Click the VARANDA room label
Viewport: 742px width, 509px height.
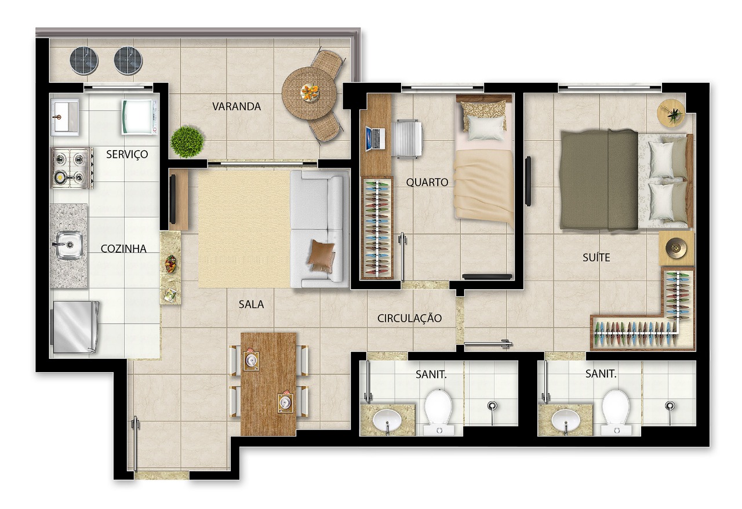236,106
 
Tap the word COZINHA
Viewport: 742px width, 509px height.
123,249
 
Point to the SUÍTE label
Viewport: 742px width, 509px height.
596,257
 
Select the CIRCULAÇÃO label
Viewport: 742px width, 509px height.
409,318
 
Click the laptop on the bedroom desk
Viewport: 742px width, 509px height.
375,138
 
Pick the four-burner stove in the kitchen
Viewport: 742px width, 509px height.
71,168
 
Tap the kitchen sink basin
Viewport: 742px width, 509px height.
69,245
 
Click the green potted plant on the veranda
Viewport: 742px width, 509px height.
187,142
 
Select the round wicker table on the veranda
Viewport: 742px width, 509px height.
310,93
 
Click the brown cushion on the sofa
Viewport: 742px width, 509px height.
321,255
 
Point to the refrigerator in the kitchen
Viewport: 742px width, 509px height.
75,327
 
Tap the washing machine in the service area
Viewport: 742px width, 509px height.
139,117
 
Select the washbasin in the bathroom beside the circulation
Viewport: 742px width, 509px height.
387,420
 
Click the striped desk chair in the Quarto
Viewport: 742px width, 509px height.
407,138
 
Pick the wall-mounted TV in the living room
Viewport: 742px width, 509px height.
173,200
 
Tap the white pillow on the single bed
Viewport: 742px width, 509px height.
486,128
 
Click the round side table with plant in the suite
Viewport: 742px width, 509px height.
671,112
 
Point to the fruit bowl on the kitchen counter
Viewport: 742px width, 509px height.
170,263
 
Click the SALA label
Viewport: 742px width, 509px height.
251,304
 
